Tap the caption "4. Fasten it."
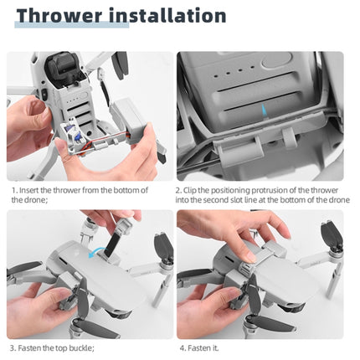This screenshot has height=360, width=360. click(x=199, y=347)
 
